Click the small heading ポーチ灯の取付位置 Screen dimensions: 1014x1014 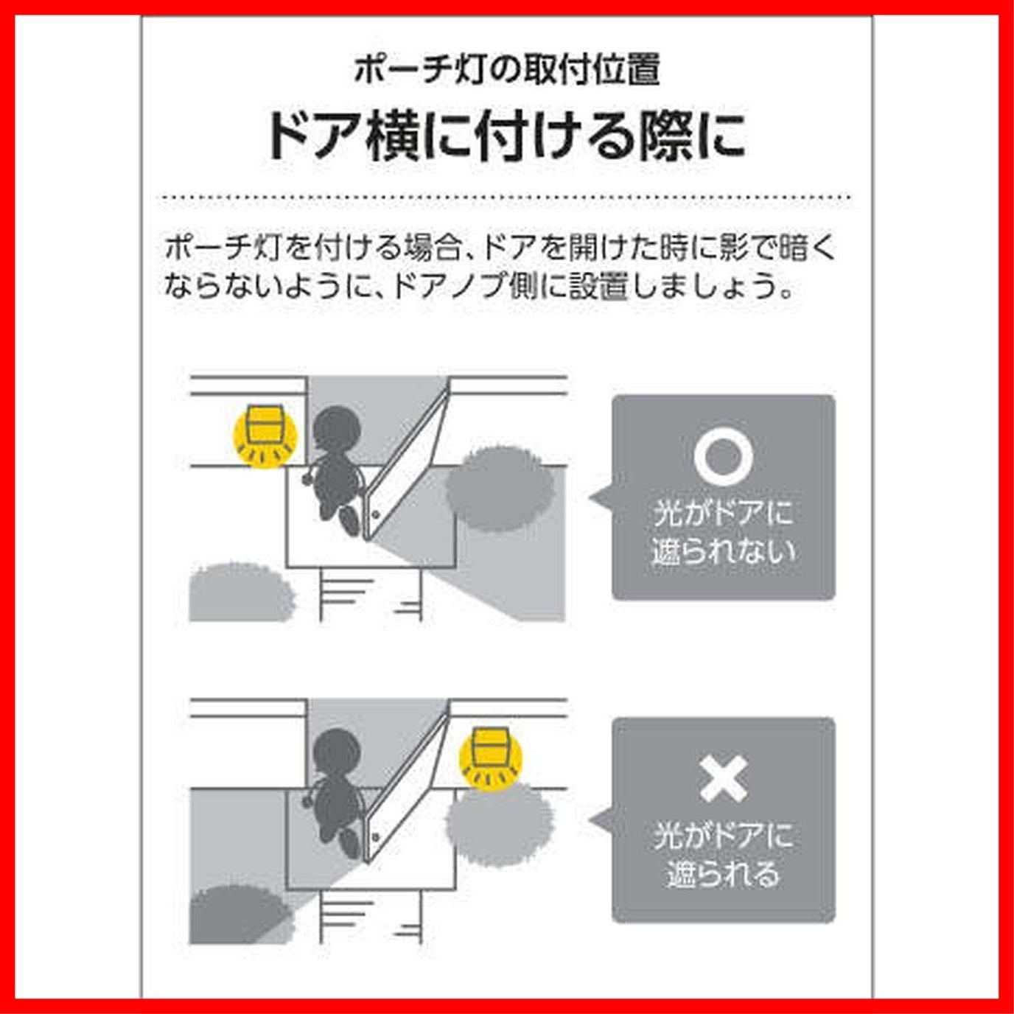click(x=507, y=70)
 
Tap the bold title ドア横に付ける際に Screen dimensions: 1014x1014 click(x=506, y=138)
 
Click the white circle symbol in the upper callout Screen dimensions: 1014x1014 click(x=723, y=456)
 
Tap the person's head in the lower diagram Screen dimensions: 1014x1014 click(x=336, y=753)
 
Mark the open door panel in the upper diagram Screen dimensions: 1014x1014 click(x=405, y=463)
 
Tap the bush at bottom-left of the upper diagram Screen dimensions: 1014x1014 click(x=240, y=593)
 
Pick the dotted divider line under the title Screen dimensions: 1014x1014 click(x=506, y=197)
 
